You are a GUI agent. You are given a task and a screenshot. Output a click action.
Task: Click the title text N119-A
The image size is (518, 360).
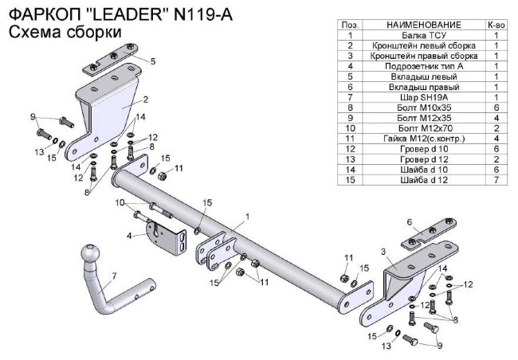pyautogui.click(x=202, y=15)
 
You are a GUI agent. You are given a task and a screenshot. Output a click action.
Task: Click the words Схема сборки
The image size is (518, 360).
pyautogui.click(x=65, y=33)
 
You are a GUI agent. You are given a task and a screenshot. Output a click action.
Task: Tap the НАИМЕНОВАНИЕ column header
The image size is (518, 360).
pyautogui.click(x=424, y=25)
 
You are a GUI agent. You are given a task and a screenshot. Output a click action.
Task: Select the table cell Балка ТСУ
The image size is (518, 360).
pyautogui.click(x=424, y=35)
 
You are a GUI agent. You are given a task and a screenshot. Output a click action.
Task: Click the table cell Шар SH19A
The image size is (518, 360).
pyautogui.click(x=424, y=97)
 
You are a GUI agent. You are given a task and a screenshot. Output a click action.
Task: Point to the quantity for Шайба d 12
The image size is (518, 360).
pyautogui.click(x=496, y=180)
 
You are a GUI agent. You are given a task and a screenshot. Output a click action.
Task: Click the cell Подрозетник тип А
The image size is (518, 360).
pyautogui.click(x=424, y=66)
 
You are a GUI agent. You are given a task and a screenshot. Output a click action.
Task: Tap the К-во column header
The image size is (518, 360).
pyautogui.click(x=496, y=25)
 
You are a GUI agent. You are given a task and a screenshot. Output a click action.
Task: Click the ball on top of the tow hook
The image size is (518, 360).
pyautogui.click(x=90, y=253)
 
